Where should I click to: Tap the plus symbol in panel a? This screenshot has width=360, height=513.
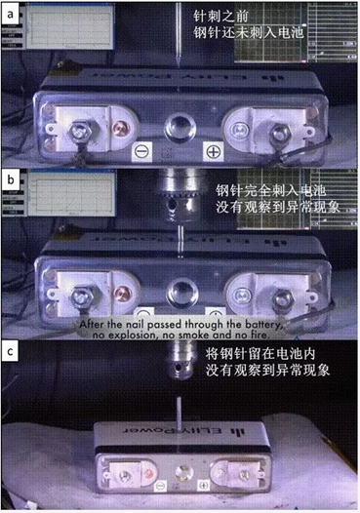(211, 151)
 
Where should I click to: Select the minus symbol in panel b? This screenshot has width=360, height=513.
(142, 314)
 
